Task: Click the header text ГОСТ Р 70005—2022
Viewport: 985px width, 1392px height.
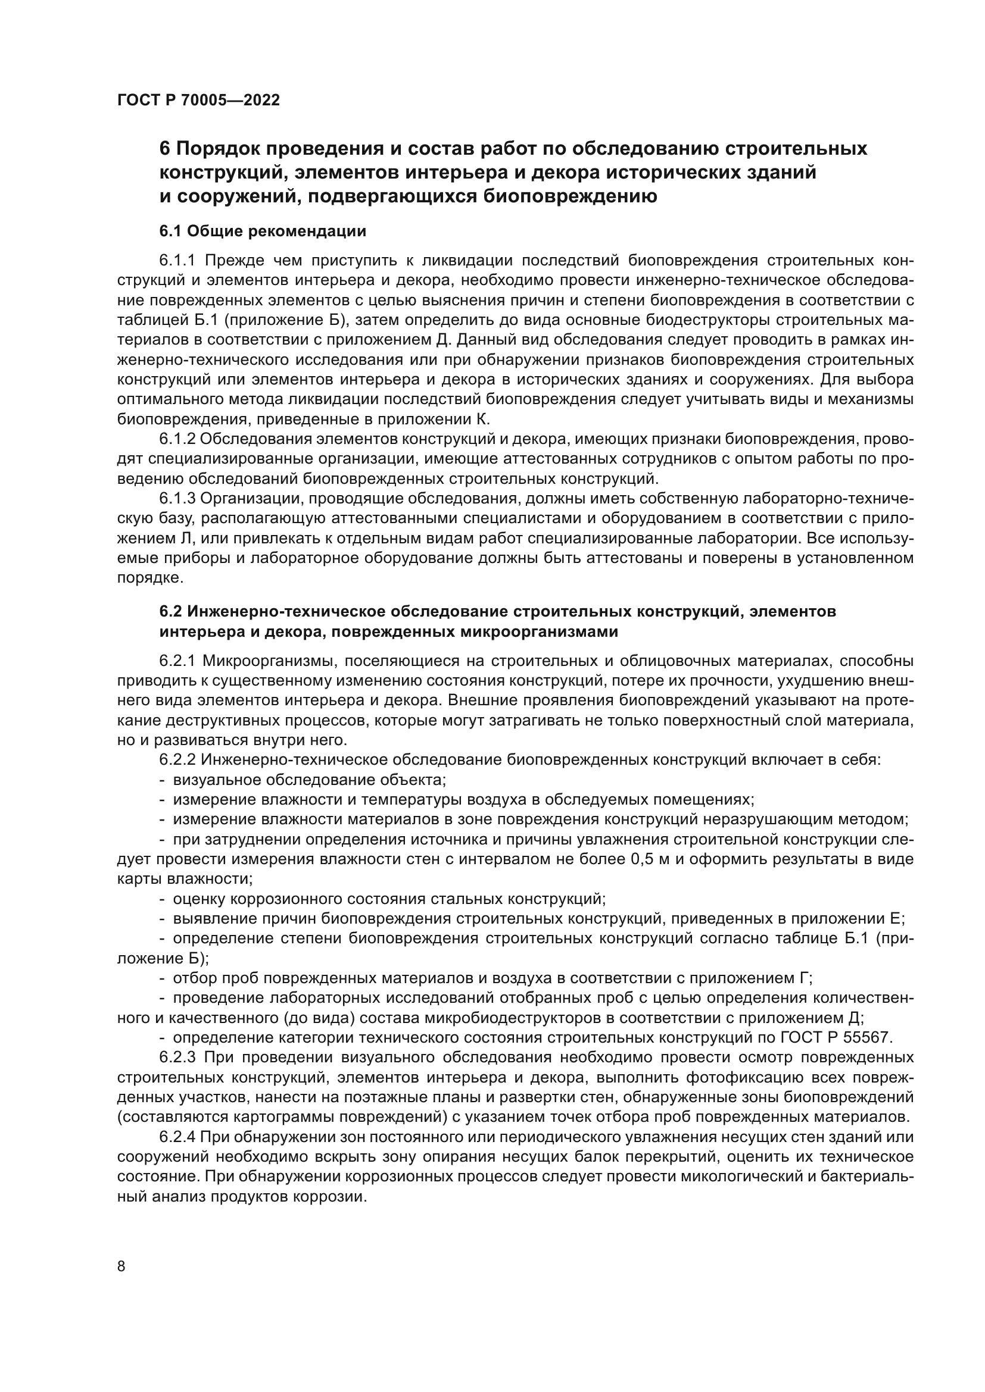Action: coord(198,101)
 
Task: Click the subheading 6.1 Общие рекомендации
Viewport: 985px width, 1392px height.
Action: coord(263,231)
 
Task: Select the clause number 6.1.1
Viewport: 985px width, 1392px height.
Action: coord(177,261)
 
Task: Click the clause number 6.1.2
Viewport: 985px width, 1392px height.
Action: coord(177,439)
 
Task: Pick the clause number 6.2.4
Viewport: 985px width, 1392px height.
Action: coord(177,1137)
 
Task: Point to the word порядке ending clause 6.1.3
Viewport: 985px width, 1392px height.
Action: coord(146,578)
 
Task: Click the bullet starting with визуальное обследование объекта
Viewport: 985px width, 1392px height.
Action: coord(309,780)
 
